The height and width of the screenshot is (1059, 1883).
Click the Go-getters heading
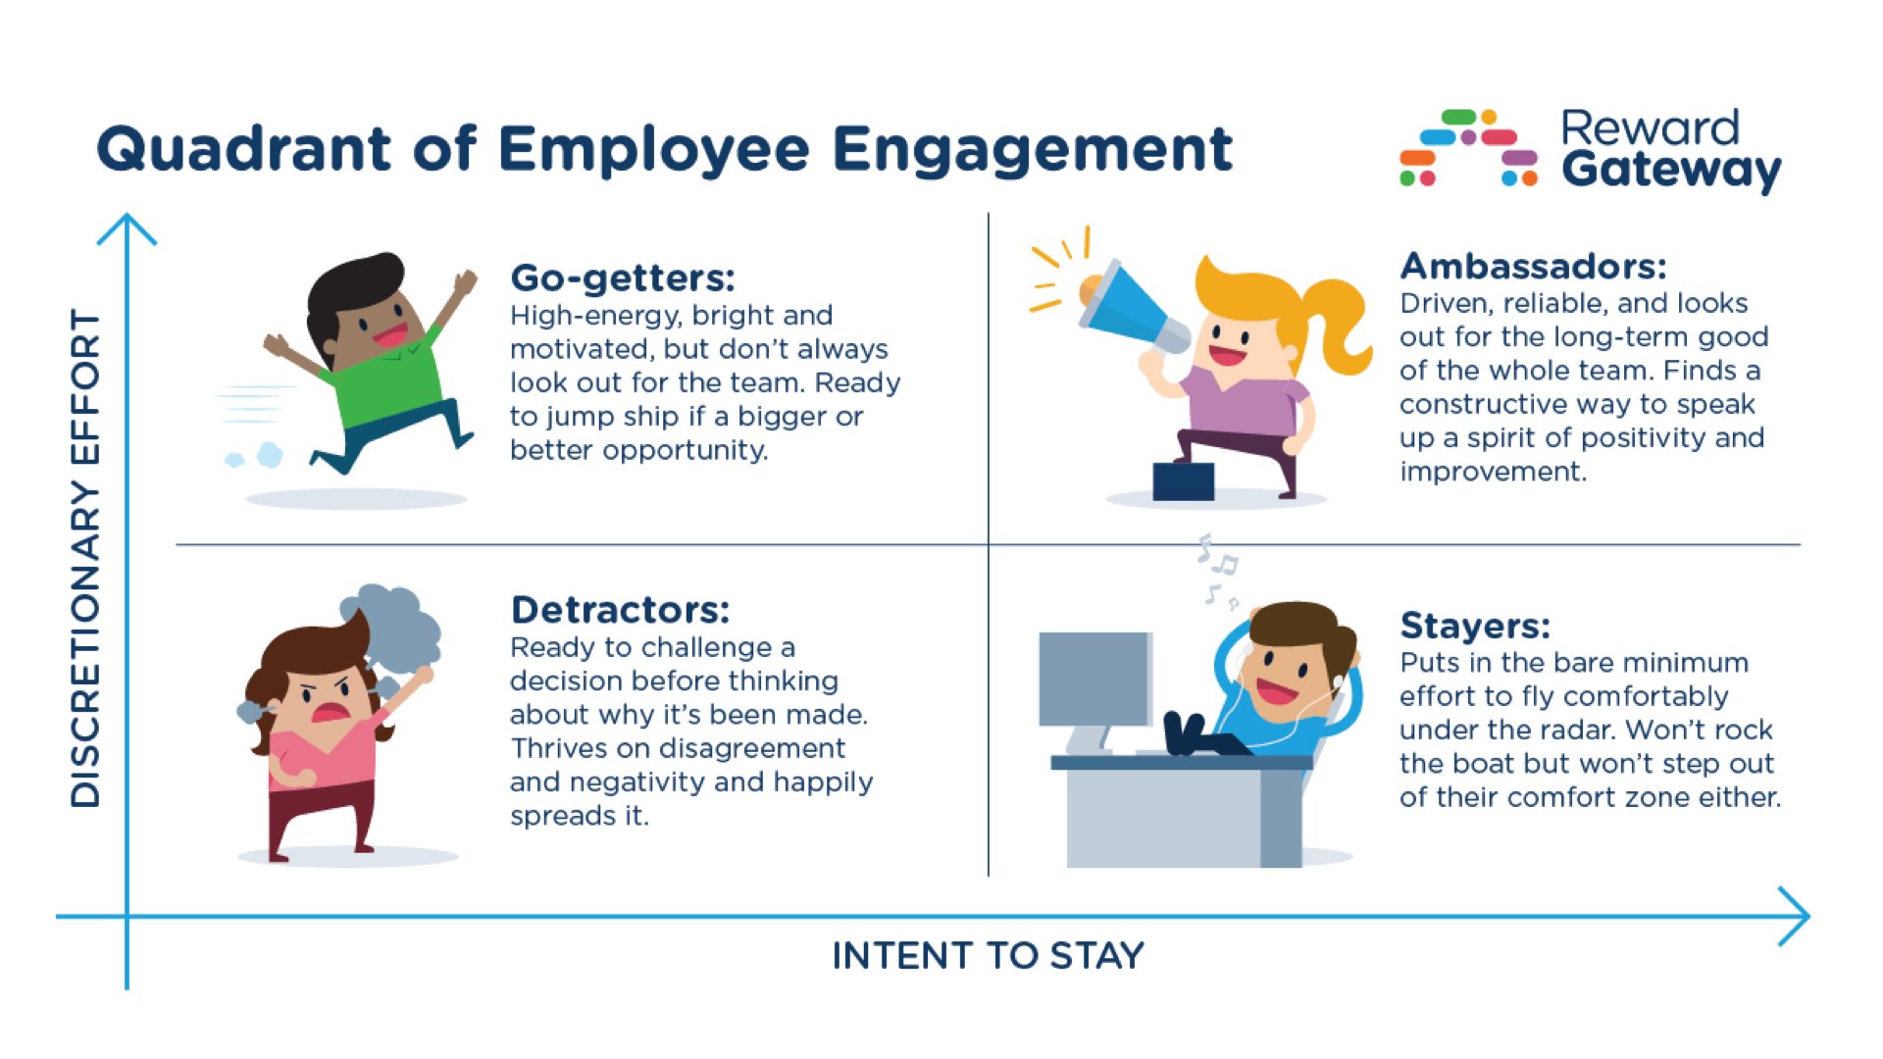pyautogui.click(x=622, y=278)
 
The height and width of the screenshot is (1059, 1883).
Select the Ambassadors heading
pyautogui.click(x=1532, y=266)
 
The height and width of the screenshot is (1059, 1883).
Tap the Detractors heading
pyautogui.click(x=620, y=610)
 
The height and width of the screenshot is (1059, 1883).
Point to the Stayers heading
pyautogui.click(x=1474, y=626)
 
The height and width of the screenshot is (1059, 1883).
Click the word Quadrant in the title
pyautogui.click(x=244, y=149)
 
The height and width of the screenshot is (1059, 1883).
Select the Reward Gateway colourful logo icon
pyautogui.click(x=1468, y=147)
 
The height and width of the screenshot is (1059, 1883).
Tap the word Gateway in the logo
pyautogui.click(x=1670, y=171)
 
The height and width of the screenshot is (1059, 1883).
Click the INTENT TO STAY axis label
pyautogui.click(x=988, y=955)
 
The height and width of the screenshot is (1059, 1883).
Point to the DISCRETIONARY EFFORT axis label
pyautogui.click(x=86, y=559)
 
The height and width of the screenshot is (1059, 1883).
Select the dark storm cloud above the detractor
pyautogui.click(x=397, y=623)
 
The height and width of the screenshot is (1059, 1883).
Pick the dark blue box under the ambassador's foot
pyautogui.click(x=1183, y=480)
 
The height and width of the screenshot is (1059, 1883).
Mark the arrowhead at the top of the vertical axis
pyautogui.click(x=127, y=227)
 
